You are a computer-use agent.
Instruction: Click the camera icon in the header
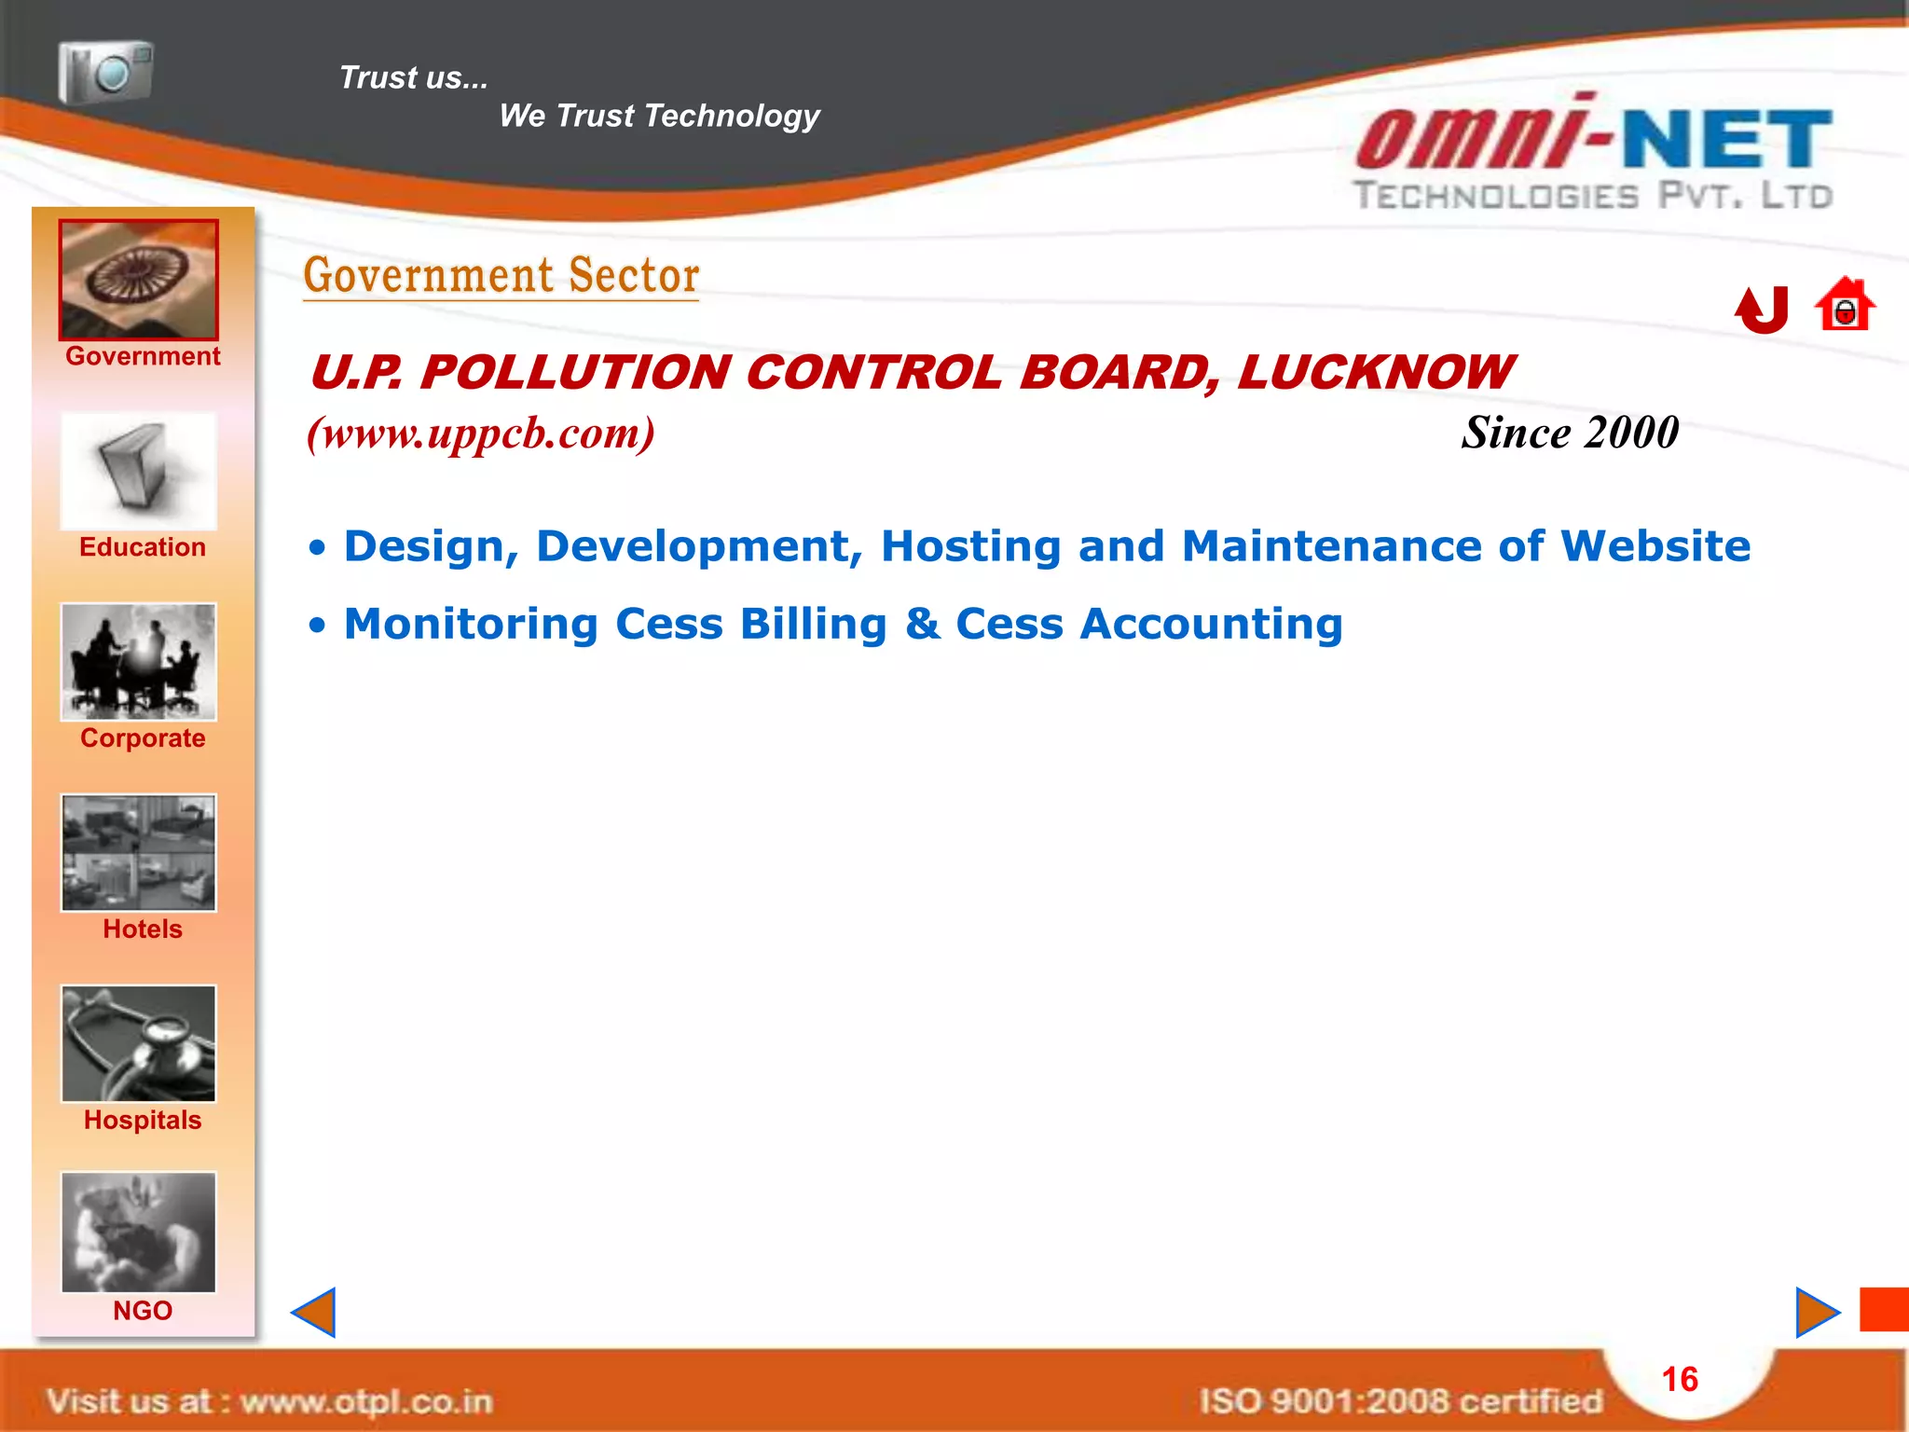pos(105,72)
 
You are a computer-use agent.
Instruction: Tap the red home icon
pos(1845,306)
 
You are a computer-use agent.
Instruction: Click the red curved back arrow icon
pos(1762,310)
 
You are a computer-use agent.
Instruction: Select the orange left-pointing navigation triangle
pos(315,1313)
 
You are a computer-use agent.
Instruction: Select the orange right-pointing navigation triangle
pos(1816,1313)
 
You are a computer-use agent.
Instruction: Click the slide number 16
pos(1680,1379)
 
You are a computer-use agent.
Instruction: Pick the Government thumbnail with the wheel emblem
pos(139,280)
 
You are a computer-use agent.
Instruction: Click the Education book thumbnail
pos(139,472)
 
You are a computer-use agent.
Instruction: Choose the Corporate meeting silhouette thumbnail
pos(139,662)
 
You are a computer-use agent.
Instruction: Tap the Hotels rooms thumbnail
pos(139,853)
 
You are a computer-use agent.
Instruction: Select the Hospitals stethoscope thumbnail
pos(139,1043)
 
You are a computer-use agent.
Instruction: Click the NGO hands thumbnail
pos(139,1232)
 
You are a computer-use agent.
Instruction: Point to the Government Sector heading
pos(501,276)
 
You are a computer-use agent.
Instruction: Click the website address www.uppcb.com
pos(481,434)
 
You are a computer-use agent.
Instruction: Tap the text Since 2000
pos(1570,433)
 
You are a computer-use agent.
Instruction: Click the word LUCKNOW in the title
pos(1376,373)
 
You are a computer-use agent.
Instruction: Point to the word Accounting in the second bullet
pos(1211,624)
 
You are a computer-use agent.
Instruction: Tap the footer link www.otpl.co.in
pos(365,1401)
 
